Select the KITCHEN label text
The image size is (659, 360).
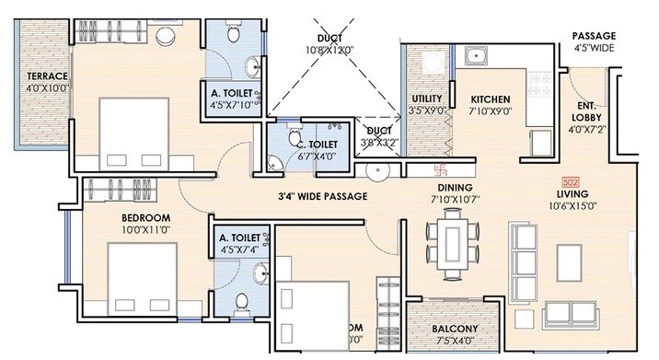[491, 99]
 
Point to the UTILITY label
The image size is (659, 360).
[427, 99]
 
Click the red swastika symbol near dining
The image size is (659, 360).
[441, 169]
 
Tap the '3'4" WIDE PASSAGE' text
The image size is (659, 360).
[322, 197]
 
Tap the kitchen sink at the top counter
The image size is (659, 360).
[477, 56]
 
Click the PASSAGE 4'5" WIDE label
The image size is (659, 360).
[595, 41]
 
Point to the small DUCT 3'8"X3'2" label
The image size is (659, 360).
[377, 137]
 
